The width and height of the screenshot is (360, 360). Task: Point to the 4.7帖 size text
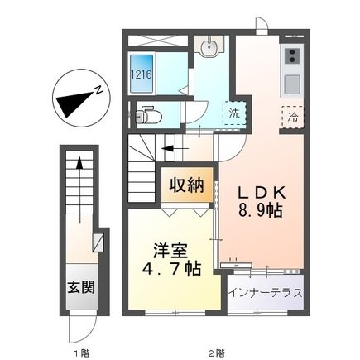[x=169, y=270]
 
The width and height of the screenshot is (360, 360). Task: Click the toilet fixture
[x=147, y=115]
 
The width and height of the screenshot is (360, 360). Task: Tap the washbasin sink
[x=207, y=46]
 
